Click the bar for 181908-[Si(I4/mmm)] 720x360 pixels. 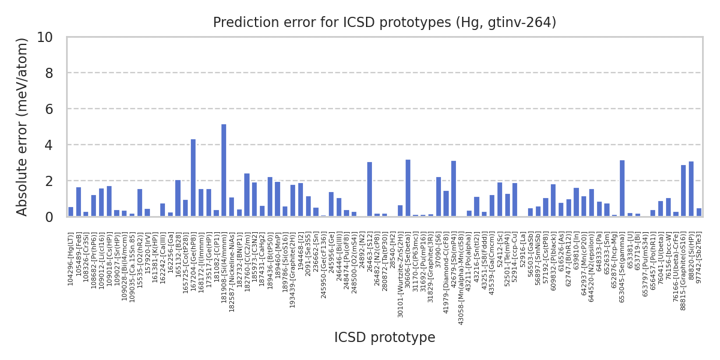pyautogui.click(x=224, y=170)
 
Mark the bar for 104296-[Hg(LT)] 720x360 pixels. pyautogui.click(x=71, y=212)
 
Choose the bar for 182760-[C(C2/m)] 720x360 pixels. pyautogui.click(x=247, y=195)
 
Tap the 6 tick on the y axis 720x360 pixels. pyautogui.click(x=49, y=109)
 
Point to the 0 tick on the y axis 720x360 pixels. pyautogui.click(x=49, y=217)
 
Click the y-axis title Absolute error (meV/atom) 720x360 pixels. pyautogui.click(x=23, y=127)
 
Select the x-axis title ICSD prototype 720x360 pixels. pyautogui.click(x=385, y=338)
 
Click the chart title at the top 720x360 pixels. pyautogui.click(x=385, y=23)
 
